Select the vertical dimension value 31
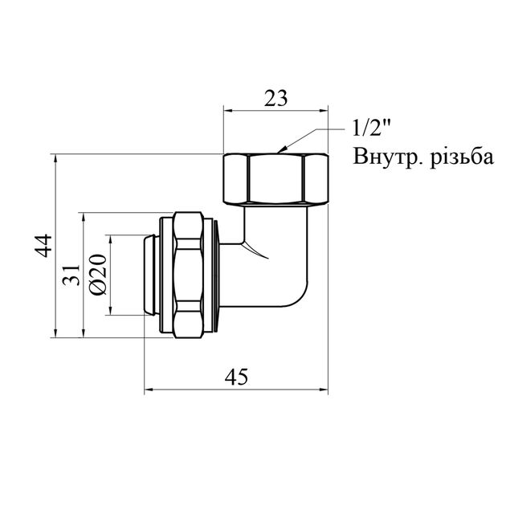pos(71,274)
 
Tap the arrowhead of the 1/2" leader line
pos(278,149)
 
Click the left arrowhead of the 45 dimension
pos(148,391)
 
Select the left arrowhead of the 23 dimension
pos(226,112)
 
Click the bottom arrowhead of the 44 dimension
pos(55,333)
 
